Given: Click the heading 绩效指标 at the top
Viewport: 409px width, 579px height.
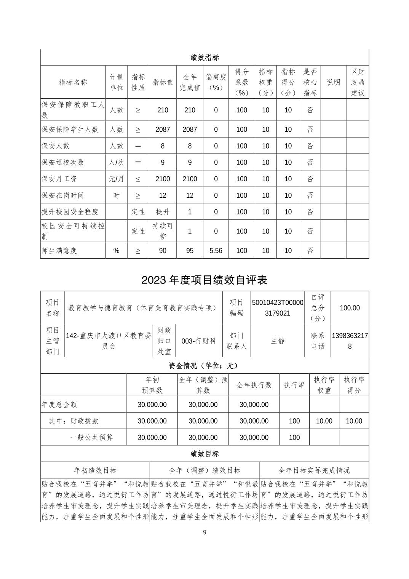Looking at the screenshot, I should click(204, 58).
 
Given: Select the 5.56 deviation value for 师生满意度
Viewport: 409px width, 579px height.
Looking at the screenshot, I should click(216, 251).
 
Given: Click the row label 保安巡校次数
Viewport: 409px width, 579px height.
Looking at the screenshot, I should click(63, 162).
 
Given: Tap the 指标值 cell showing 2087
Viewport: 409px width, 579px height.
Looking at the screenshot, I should click(163, 130).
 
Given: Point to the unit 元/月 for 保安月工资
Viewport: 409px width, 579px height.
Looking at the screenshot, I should click(117, 179).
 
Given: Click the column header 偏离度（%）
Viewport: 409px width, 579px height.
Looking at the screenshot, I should click(216, 82).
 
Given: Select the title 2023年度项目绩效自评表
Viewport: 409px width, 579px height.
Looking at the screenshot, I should click(204, 280).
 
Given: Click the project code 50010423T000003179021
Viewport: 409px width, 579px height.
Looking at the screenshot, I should click(278, 308).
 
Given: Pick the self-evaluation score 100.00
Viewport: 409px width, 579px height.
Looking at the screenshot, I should click(350, 308).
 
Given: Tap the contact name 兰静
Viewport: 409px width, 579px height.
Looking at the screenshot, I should click(278, 341).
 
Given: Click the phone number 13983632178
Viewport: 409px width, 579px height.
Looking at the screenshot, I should click(350, 341).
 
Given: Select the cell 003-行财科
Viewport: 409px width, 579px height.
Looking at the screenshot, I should click(199, 341).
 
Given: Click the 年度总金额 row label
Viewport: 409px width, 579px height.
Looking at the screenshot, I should click(59, 405).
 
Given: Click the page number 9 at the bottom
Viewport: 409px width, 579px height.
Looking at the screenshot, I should click(204, 533).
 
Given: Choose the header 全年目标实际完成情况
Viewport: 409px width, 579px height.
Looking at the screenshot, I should click(314, 470).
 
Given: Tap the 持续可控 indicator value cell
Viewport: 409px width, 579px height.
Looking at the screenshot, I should click(163, 231).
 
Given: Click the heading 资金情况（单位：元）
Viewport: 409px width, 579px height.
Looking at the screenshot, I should click(204, 366).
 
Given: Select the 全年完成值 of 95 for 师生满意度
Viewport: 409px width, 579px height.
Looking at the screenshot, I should click(190, 251).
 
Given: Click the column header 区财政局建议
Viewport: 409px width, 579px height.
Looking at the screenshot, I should click(358, 82).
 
